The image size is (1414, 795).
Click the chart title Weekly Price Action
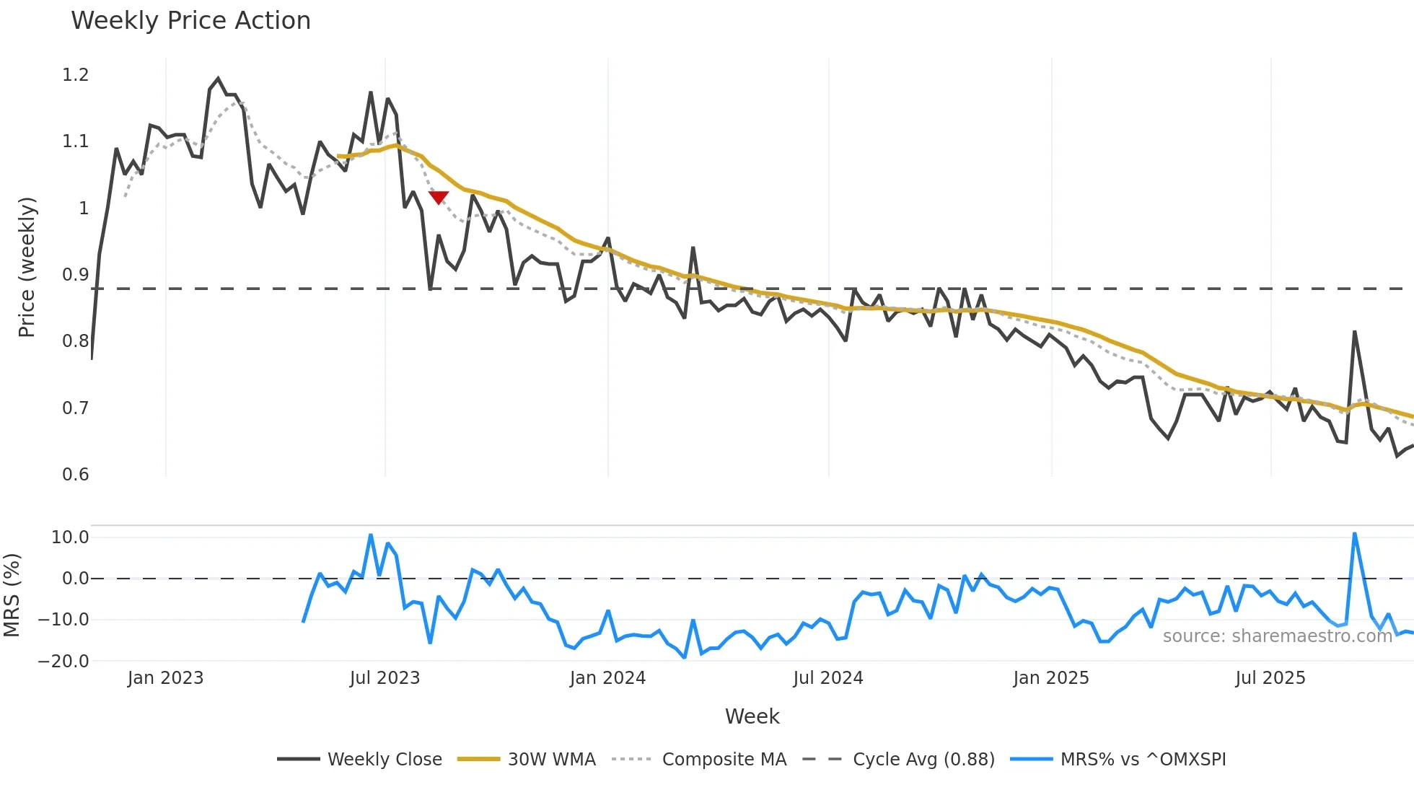[x=190, y=21]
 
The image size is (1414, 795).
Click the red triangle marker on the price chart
[x=439, y=197]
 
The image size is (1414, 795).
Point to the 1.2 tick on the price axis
[x=76, y=75]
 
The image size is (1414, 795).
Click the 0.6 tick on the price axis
[x=76, y=475]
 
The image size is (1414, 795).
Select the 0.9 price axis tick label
[x=76, y=275]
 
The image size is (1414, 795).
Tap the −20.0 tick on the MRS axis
[x=63, y=662]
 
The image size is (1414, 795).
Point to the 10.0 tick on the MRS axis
[x=70, y=537]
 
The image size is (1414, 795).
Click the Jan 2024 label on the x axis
[x=607, y=678]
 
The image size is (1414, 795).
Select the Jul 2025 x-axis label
[x=1270, y=678]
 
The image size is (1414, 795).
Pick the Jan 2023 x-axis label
[x=165, y=678]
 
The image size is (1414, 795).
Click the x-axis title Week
[x=752, y=716]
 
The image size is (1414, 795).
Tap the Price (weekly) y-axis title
[x=27, y=267]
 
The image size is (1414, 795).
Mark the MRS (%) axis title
[x=12, y=595]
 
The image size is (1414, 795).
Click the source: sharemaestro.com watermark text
[x=1277, y=636]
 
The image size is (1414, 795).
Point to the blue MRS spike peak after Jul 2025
[x=1355, y=535]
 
